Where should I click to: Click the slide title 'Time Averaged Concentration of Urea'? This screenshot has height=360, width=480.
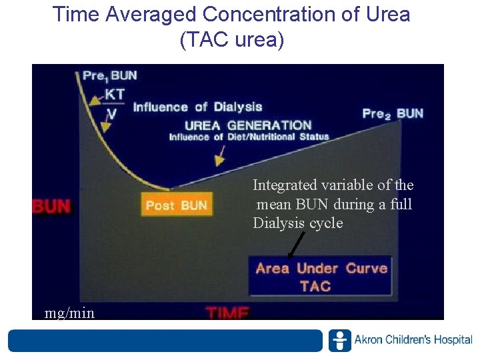click(x=231, y=15)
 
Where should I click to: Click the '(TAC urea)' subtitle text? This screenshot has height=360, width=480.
click(x=231, y=41)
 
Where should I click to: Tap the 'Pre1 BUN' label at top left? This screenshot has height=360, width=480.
click(x=110, y=76)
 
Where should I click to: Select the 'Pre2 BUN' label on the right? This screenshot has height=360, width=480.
click(x=393, y=113)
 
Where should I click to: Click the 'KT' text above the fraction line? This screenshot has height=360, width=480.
click(x=115, y=94)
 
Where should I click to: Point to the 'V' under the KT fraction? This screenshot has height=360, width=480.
click(x=113, y=113)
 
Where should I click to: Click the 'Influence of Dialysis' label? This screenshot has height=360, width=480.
click(x=197, y=107)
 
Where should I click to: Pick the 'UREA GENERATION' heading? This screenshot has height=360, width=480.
click(x=248, y=125)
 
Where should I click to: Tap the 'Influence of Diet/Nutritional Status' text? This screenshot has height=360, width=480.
click(x=249, y=137)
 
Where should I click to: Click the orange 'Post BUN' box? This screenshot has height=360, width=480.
click(x=177, y=205)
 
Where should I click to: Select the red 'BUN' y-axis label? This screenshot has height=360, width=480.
click(x=51, y=206)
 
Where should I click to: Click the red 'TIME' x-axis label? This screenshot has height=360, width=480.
click(x=227, y=312)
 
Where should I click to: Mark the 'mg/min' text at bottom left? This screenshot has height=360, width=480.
click(x=69, y=312)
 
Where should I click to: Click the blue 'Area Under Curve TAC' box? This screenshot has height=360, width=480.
click(x=320, y=277)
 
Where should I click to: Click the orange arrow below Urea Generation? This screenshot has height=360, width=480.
click(x=219, y=157)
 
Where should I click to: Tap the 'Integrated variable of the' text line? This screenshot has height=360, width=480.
click(x=333, y=185)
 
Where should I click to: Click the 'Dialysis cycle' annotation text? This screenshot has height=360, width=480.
click(x=297, y=223)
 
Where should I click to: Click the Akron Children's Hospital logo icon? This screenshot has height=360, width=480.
click(x=339, y=340)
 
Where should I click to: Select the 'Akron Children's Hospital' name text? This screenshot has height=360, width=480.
click(x=413, y=340)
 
